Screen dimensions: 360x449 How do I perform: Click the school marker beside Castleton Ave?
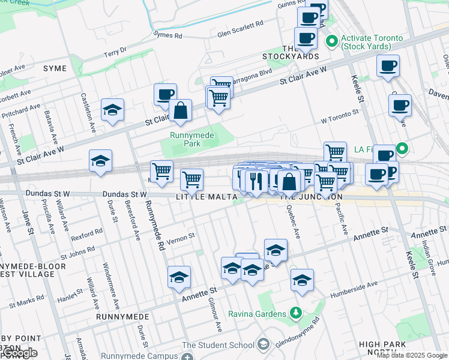[112, 110]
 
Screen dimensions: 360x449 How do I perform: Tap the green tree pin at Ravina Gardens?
[295, 313]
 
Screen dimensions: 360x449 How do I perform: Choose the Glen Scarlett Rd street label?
[240, 25]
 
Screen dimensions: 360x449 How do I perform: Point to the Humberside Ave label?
[354, 287]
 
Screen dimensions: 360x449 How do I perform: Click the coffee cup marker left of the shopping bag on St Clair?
[165, 95]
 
